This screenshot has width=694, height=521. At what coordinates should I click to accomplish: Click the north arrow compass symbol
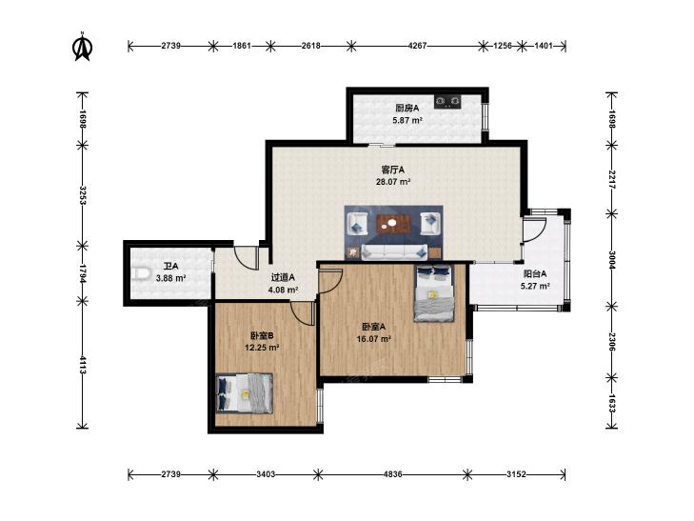[82, 46]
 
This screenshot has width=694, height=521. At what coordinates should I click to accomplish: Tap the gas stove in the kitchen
[448, 102]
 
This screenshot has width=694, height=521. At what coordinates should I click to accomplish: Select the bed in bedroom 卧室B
[244, 393]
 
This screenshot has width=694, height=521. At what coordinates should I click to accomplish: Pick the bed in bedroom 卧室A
[434, 292]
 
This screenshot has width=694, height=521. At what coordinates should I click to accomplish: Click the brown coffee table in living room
[394, 224]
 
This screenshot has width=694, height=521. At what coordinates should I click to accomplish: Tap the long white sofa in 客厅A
[394, 251]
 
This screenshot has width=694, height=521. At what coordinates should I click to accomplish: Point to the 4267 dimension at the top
[417, 46]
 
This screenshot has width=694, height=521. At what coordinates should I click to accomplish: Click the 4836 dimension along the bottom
[392, 474]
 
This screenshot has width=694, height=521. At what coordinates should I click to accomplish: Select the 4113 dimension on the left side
[82, 364]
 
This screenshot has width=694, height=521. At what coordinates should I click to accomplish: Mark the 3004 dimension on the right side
[612, 260]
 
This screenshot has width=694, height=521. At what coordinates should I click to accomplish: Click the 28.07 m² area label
[393, 182]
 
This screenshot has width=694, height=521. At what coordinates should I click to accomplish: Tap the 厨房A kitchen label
[407, 108]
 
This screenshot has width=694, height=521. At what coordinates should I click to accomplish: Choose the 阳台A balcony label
[535, 274]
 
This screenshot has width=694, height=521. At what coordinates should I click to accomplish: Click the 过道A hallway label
[283, 277]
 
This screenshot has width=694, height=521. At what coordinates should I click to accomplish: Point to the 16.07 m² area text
[374, 339]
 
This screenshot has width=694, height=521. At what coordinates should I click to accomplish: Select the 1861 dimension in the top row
[242, 46]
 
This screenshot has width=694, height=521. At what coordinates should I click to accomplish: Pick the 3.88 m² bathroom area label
[170, 278]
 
